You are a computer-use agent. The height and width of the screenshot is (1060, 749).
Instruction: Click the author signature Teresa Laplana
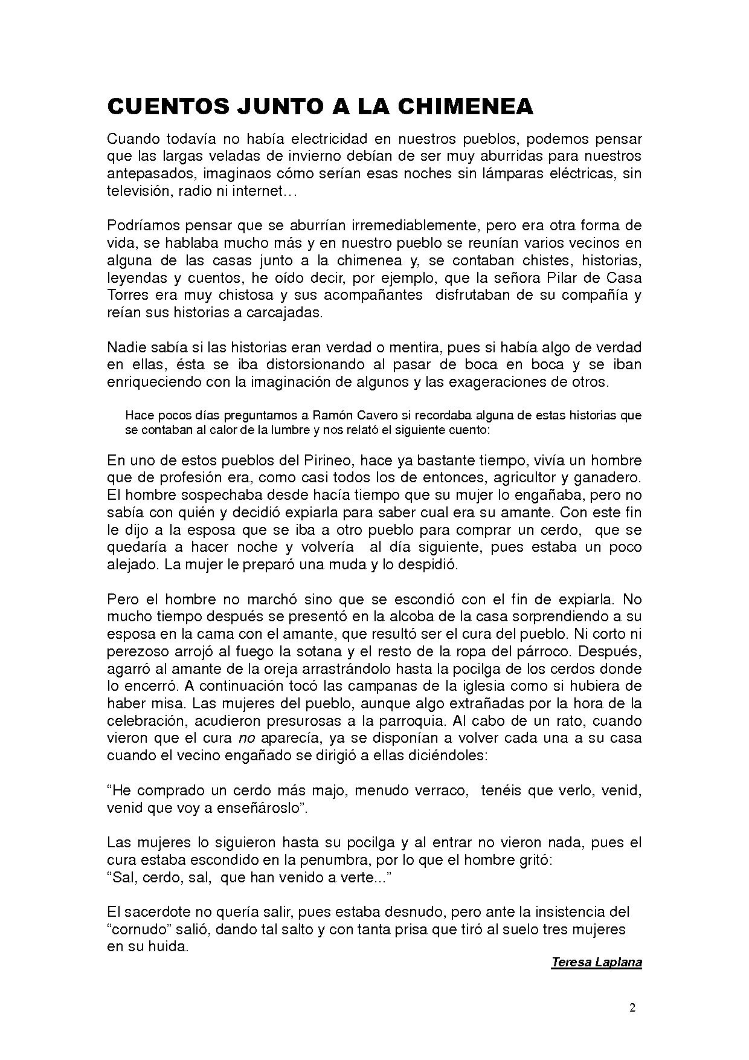[x=596, y=962]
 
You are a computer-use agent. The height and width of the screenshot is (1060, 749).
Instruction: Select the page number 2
[x=632, y=1008]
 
